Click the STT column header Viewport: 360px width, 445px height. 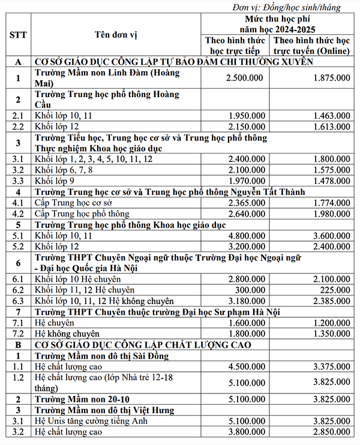pyautogui.click(x=17, y=34)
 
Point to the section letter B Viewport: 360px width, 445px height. pyautogui.click(x=17, y=345)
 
